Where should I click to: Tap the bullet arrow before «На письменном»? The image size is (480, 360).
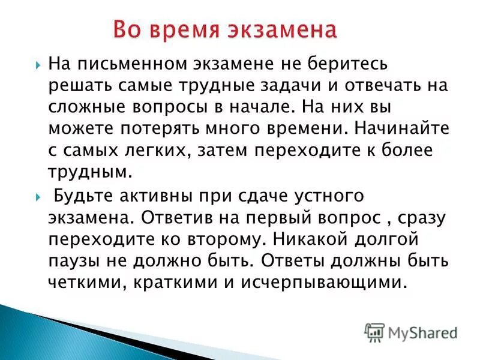tap(37, 64)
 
